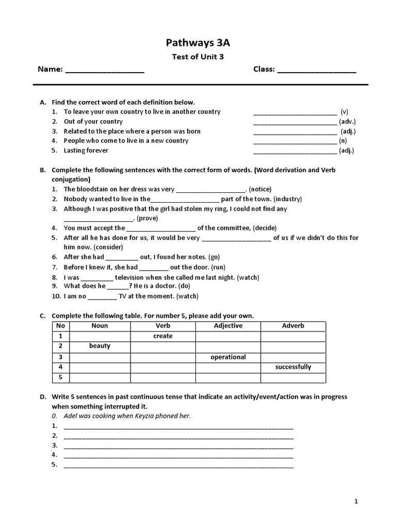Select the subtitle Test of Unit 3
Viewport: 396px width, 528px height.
coord(197,57)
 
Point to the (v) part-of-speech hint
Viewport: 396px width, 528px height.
coord(344,111)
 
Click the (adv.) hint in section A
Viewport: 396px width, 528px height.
coord(347,121)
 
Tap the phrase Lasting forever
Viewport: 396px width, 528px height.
coord(86,151)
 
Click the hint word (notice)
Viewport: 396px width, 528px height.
coord(260,189)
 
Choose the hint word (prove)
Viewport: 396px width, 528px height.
coord(150,218)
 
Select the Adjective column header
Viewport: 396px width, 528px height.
coord(228,326)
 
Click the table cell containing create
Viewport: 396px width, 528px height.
coord(163,336)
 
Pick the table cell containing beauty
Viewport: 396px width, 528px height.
coord(100,346)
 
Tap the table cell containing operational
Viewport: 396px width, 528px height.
coord(228,357)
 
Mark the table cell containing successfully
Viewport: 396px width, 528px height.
coord(293,367)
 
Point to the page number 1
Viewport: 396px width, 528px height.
coord(356,501)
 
